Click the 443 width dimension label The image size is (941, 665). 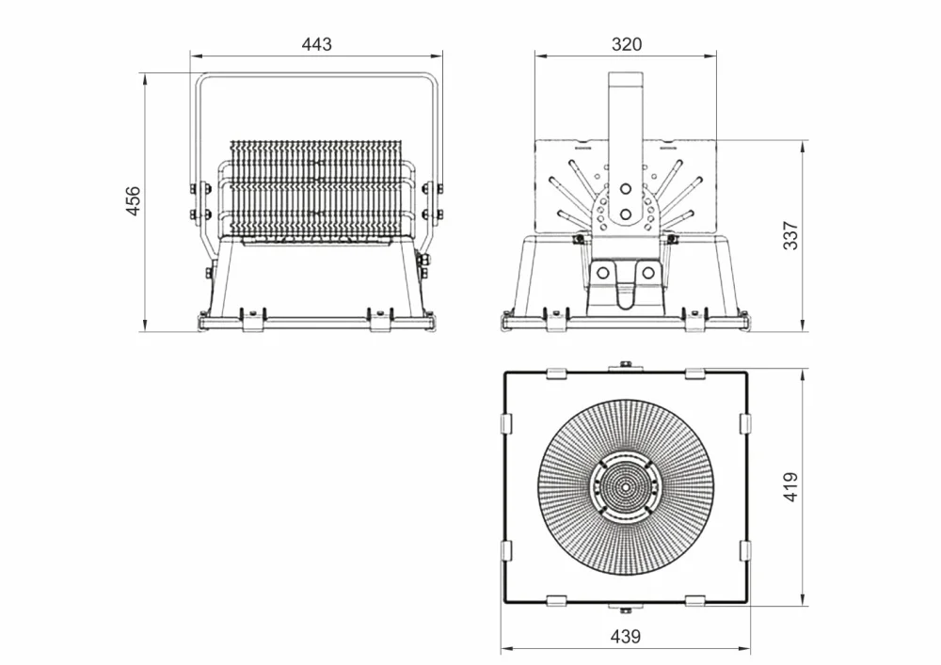pyautogui.click(x=316, y=44)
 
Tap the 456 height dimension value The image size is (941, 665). pyautogui.click(x=133, y=201)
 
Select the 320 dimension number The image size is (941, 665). pyautogui.click(x=627, y=44)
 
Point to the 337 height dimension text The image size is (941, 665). pyautogui.click(x=791, y=236)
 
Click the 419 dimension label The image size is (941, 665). pyautogui.click(x=791, y=487)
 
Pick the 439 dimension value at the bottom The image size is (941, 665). pyautogui.click(x=626, y=637)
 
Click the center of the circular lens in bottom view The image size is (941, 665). pyautogui.click(x=626, y=487)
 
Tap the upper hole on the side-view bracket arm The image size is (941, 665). pyautogui.click(x=626, y=189)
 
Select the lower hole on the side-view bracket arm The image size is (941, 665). pyautogui.click(x=626, y=214)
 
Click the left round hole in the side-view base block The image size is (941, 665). pyautogui.click(x=603, y=274)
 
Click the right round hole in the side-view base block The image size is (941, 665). pyautogui.click(x=648, y=274)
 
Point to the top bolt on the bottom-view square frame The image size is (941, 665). pyautogui.click(x=626, y=365)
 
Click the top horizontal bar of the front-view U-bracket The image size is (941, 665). pyautogui.click(x=316, y=75)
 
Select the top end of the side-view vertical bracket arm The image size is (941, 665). pyautogui.click(x=626, y=73)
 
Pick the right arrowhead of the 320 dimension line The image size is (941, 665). pyautogui.click(x=711, y=56)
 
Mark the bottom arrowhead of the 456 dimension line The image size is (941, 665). pyautogui.click(x=145, y=325)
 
